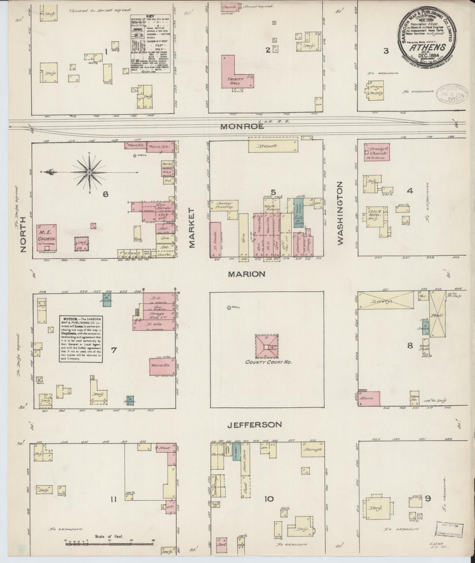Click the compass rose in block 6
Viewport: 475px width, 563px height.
(89, 172)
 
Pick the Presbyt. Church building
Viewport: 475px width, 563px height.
(377, 152)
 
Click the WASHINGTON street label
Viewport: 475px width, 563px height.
(340, 213)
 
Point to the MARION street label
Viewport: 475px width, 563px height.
(247, 274)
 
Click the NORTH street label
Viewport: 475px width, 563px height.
(24, 234)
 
